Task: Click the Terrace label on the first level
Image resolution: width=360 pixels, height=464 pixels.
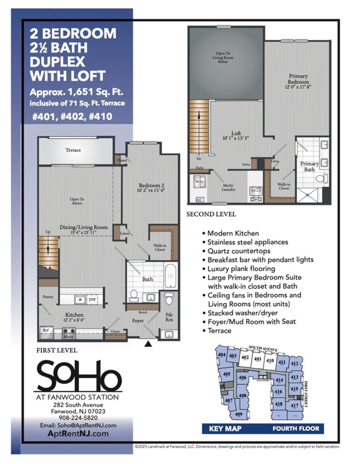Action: point(73,150)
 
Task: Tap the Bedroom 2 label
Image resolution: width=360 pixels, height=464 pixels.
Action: point(151,186)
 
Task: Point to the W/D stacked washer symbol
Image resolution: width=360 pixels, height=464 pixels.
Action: point(199,182)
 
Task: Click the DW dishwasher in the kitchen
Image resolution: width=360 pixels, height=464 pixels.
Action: point(92,299)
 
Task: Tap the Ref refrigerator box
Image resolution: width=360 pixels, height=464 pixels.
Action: point(46,330)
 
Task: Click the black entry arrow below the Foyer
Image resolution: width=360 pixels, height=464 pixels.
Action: point(149,344)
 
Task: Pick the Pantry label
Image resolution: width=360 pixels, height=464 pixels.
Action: point(48,296)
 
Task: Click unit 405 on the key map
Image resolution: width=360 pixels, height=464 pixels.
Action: point(227,375)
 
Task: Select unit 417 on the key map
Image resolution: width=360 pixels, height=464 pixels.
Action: point(294,406)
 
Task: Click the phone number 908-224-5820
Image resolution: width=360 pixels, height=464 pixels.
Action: point(76,417)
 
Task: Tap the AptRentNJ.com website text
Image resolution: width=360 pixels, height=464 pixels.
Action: point(76,434)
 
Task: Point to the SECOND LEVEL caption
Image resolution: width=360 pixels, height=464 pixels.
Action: point(211,214)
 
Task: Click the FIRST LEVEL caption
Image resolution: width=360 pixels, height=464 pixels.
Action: point(57,350)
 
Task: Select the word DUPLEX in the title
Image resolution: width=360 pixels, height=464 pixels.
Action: point(57,61)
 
